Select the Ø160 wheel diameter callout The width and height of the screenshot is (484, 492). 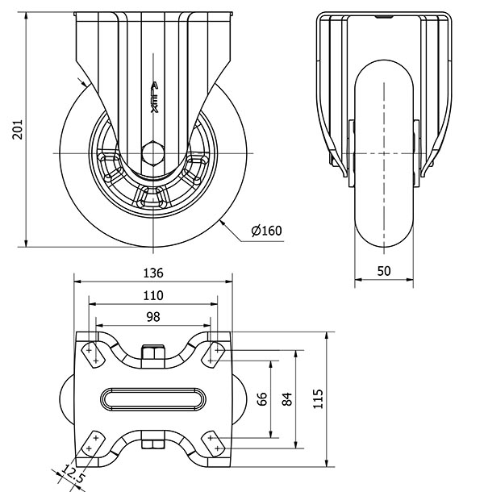pyautogui.click(x=266, y=231)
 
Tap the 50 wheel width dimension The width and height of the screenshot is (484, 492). pyautogui.click(x=384, y=272)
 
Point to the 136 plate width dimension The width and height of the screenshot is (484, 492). pyautogui.click(x=153, y=272)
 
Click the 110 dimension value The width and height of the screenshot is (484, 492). pyautogui.click(x=153, y=295)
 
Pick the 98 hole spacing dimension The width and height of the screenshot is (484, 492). pyautogui.click(x=153, y=317)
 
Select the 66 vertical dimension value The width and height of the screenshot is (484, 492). pyautogui.click(x=261, y=398)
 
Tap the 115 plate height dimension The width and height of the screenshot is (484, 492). pyautogui.click(x=318, y=398)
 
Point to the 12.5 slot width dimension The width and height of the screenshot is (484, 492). pyautogui.click(x=73, y=476)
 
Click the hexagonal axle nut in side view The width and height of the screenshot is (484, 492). pyautogui.click(x=153, y=152)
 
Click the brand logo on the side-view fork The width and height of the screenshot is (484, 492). pyautogui.click(x=154, y=99)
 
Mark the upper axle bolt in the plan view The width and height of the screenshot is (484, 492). pyautogui.click(x=153, y=353)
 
